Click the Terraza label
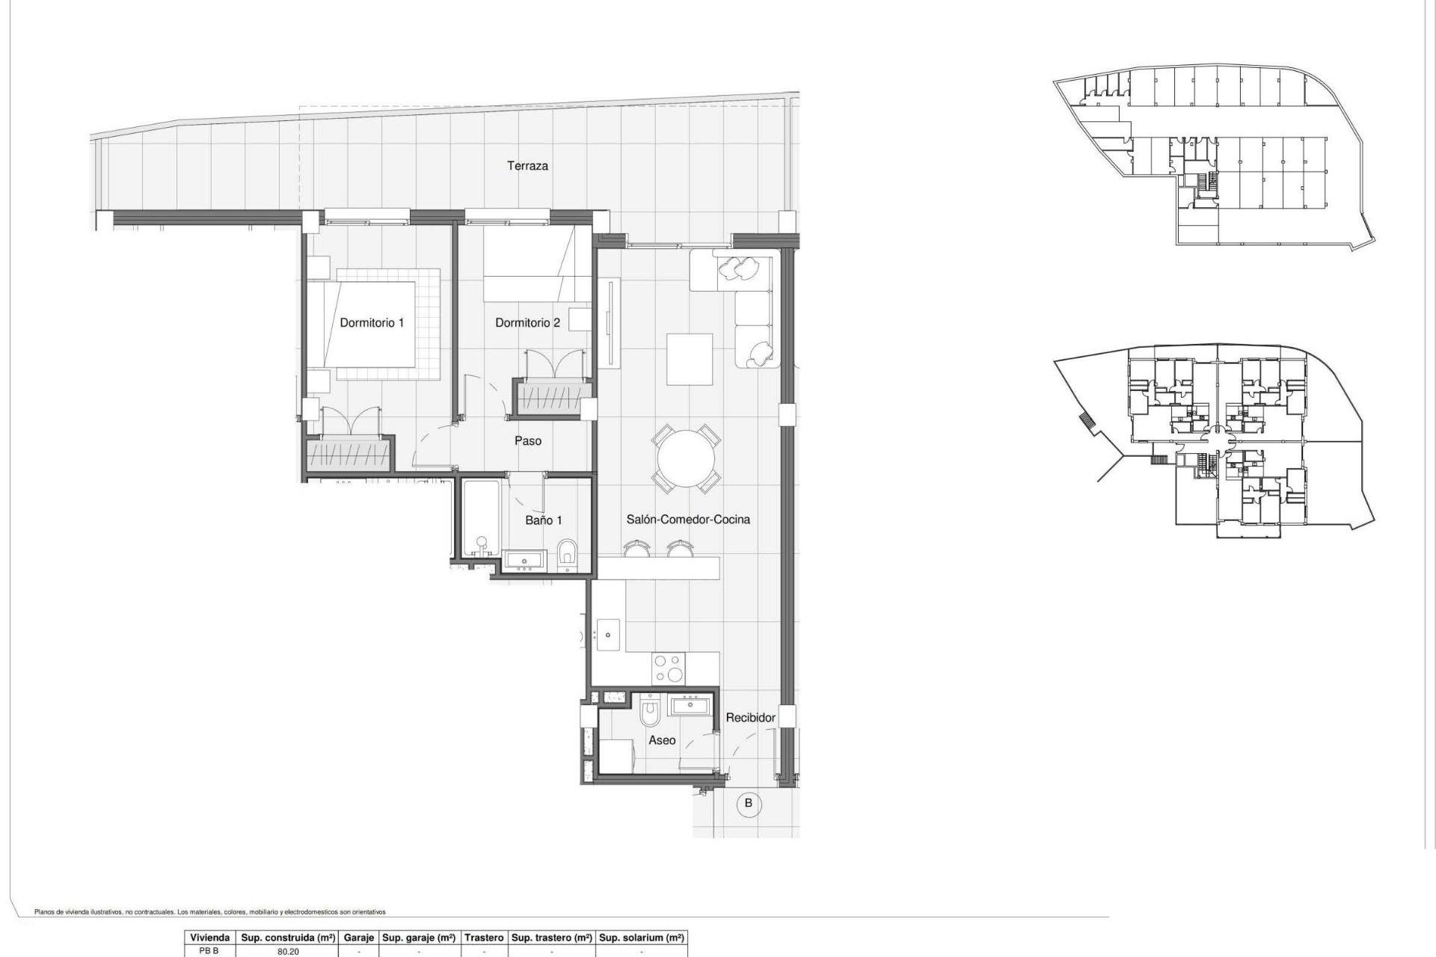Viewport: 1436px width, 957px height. [x=527, y=166]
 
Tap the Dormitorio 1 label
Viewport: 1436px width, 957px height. [x=372, y=323]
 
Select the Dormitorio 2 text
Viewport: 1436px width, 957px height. [x=527, y=323]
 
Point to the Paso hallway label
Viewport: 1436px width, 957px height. [x=527, y=441]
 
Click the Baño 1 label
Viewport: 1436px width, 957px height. [x=543, y=520]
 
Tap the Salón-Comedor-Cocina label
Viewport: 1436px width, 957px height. [x=687, y=520]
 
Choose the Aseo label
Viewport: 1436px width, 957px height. [x=662, y=740]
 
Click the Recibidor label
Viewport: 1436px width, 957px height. [x=750, y=718]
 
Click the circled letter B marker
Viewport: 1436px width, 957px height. [x=748, y=804]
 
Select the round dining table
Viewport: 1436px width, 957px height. [x=687, y=458]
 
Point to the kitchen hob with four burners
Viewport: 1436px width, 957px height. [x=668, y=668]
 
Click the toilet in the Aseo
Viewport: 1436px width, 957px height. [x=650, y=714]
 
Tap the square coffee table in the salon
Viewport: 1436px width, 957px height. [x=689, y=359]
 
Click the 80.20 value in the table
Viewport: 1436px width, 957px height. [x=288, y=952]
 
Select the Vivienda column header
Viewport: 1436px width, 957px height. [x=209, y=938]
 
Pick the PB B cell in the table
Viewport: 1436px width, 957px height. [x=209, y=952]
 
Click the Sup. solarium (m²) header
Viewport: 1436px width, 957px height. [x=642, y=938]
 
